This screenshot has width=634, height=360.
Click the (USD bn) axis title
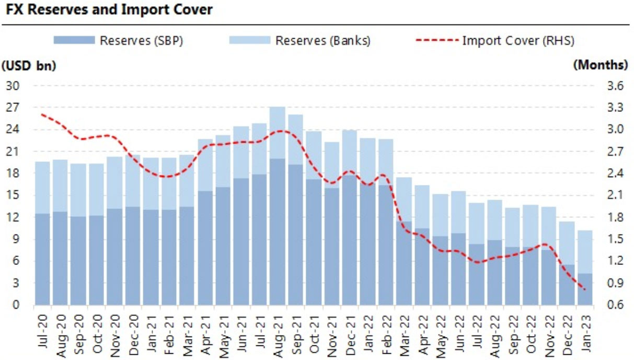pos(28,65)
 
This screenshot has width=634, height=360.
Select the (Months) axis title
pos(601,65)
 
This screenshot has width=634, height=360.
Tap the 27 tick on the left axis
pos(12,108)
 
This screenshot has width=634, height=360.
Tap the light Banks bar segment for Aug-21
pos(278,133)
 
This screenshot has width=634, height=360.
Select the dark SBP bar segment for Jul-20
pos(43,259)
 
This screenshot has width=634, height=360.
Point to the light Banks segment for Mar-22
pos(404,199)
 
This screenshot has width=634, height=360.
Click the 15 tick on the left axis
pos(12,195)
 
